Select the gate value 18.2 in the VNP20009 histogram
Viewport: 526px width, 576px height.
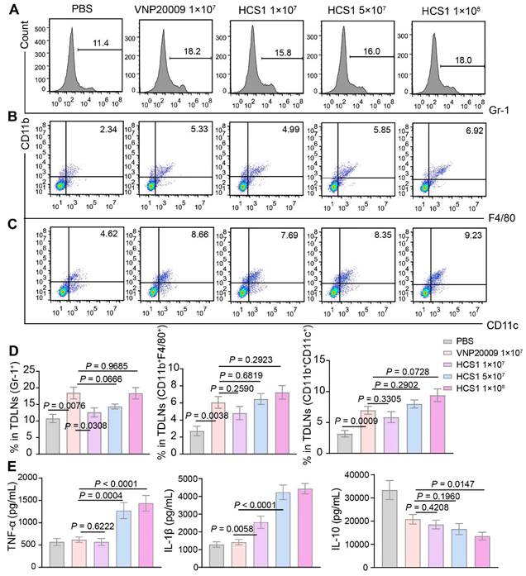(x=193, y=52)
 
